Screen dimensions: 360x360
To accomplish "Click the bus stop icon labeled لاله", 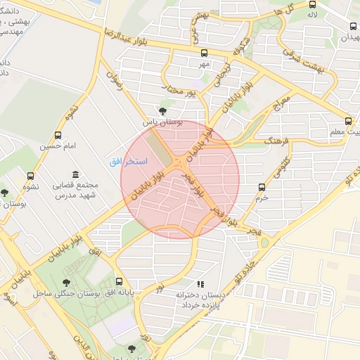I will click(x=312, y=4).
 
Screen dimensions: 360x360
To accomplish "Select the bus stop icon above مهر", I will click(x=205, y=53).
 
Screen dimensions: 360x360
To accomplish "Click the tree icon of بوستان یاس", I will click(x=163, y=111).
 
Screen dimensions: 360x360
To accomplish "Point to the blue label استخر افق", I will click(x=128, y=162).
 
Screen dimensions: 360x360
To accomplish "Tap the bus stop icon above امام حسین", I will click(x=57, y=135).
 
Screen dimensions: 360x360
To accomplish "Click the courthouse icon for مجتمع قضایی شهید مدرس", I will click(x=75, y=174).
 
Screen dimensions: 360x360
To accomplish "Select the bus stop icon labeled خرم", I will click(x=262, y=187).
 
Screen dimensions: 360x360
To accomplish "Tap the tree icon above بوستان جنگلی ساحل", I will click(x=67, y=283).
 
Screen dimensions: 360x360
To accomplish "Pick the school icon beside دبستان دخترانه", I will click(x=200, y=284).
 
